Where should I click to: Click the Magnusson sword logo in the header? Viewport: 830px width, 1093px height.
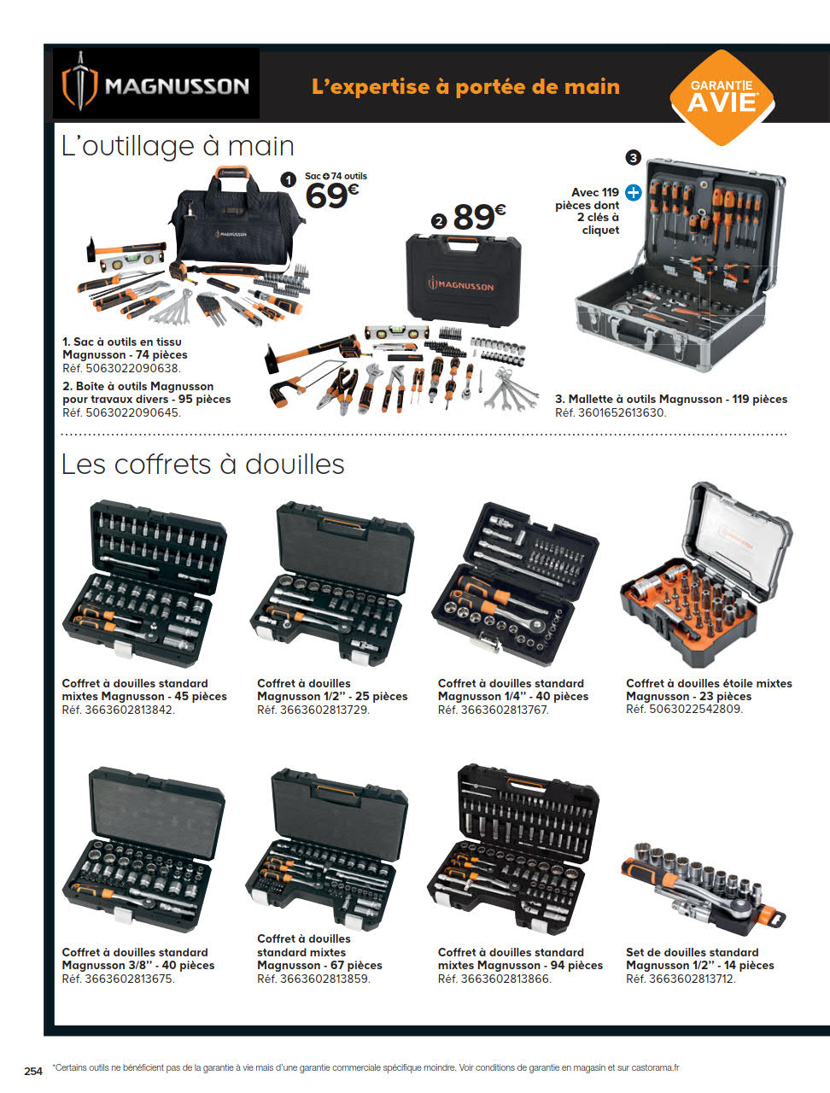coord(79,82)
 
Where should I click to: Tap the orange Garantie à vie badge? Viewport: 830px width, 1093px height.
coord(722,97)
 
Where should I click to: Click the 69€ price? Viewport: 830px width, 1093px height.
coord(331,196)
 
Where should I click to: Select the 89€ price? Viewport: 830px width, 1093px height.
coord(479,218)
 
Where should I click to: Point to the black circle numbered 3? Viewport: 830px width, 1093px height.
coord(633,158)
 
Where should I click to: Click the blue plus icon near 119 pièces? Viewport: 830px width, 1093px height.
coord(634,193)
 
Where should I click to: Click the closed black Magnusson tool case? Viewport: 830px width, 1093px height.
coord(463,280)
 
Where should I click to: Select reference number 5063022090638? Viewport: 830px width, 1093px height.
coord(132,369)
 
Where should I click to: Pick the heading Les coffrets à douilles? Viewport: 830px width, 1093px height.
coord(202,465)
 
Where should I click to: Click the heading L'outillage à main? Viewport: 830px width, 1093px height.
coord(178,146)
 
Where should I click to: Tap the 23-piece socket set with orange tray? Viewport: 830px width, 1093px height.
coord(706,577)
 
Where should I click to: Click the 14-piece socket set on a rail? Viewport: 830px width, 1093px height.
coord(703,891)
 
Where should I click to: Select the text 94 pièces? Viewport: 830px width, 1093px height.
coord(576,965)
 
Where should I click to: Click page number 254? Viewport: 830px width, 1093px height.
coord(33,1071)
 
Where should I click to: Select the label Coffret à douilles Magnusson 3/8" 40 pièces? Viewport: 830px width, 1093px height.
coord(138,959)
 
